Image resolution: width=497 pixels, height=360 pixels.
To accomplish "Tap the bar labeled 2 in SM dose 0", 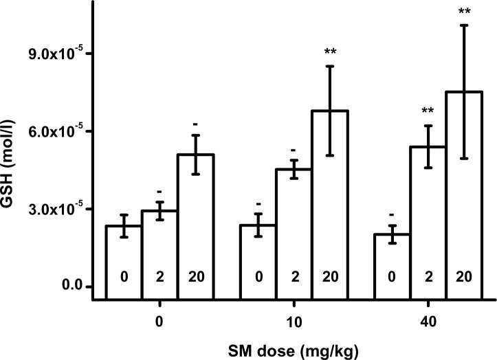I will tap(159, 255).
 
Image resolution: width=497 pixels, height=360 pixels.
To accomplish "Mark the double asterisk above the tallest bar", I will tap(465, 10).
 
